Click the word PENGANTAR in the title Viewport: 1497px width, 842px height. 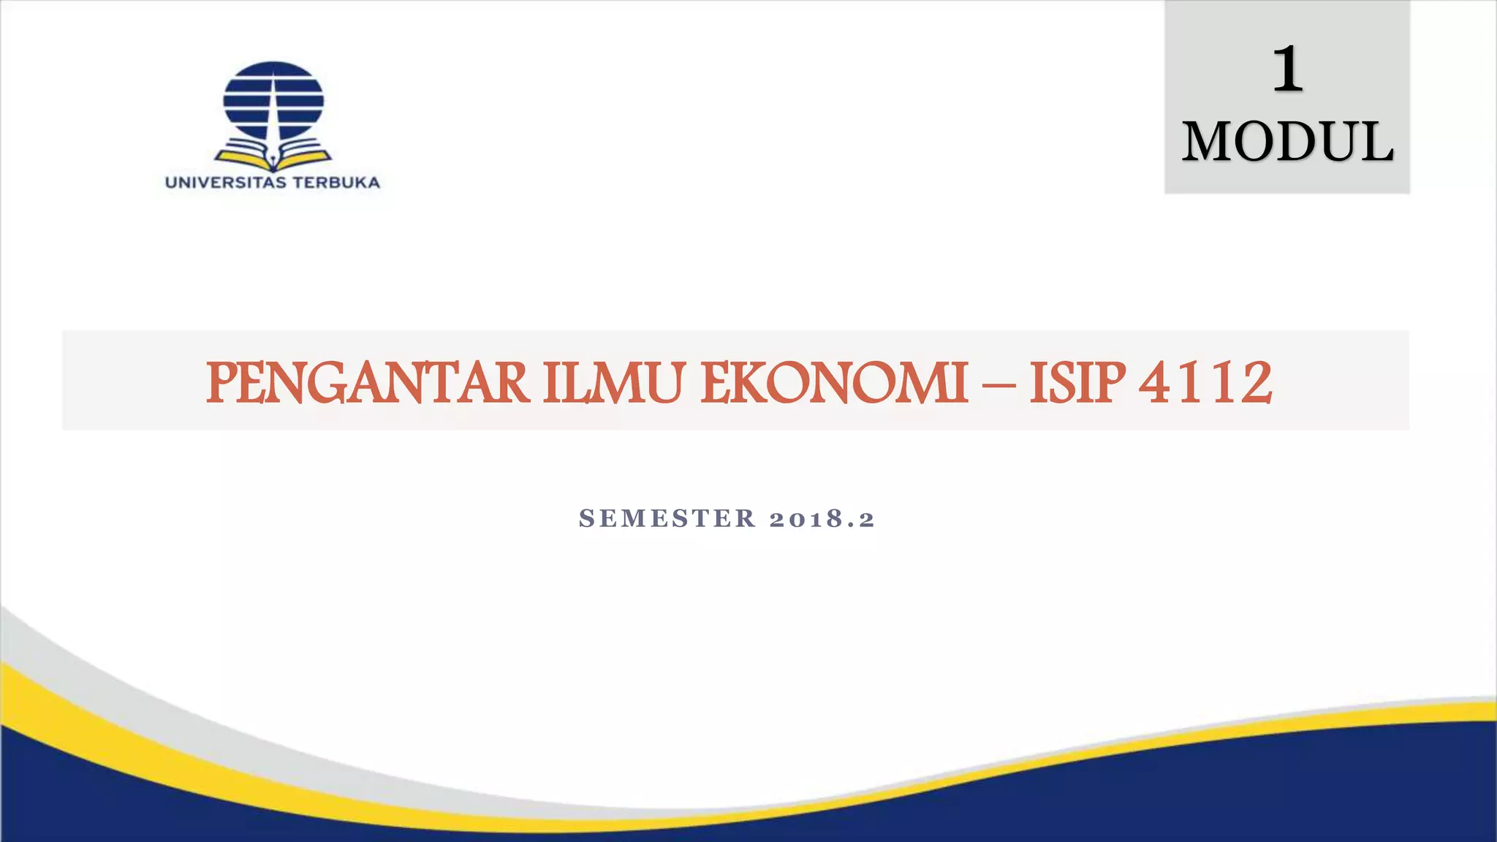tap(368, 383)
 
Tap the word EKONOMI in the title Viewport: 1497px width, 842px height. tap(834, 383)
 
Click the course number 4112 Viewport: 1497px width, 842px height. tap(1206, 383)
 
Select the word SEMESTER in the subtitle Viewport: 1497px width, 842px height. tap(667, 518)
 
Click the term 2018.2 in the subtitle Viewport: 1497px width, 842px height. tap(822, 518)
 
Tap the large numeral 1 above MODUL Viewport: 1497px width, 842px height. tap(1287, 69)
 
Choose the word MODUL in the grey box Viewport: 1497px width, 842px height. tap(1287, 142)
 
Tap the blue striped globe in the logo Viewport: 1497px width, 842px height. tap(273, 100)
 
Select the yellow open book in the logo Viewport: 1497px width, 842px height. tap(273, 156)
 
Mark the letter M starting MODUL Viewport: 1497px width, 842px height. tap(1208, 142)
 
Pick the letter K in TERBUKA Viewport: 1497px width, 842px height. tap(355, 183)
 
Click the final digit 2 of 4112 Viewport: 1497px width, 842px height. tap(1255, 383)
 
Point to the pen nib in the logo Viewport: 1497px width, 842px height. tap(273, 156)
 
